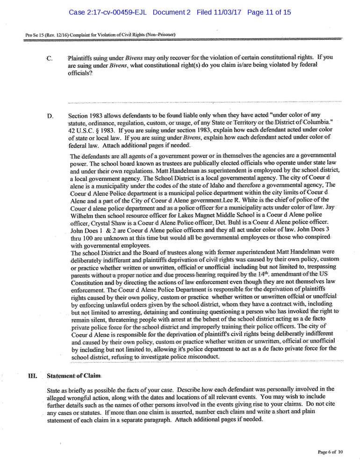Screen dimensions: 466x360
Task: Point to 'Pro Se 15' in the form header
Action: [35, 35]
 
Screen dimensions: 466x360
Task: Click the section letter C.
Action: [50, 58]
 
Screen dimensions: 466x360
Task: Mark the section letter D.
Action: [50, 115]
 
